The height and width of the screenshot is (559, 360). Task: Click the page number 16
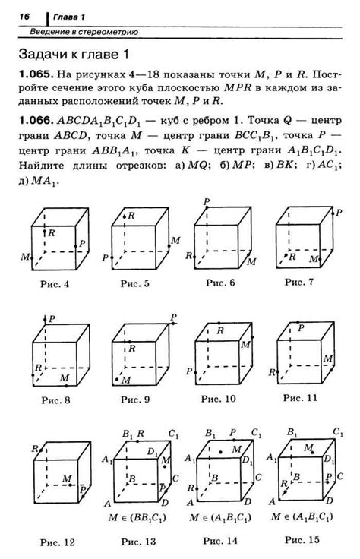click(24, 16)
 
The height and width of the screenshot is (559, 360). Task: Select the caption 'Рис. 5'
click(137, 284)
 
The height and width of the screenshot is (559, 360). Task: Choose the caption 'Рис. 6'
click(220, 282)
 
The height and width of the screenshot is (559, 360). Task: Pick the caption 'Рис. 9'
click(137, 400)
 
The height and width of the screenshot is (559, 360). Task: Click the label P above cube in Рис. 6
click(206, 201)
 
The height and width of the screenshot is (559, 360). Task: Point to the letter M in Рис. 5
click(175, 240)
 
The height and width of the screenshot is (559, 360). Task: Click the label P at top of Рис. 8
click(52, 320)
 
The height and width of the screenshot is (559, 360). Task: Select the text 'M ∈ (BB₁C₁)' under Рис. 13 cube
click(137, 520)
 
